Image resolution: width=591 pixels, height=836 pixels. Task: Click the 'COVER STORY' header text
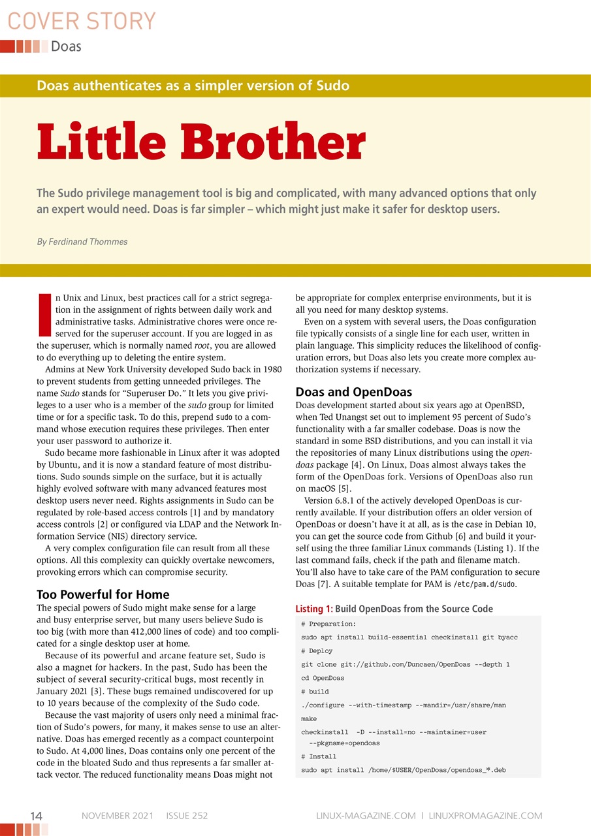[x=82, y=22]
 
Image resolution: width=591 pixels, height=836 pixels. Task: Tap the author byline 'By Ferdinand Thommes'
[x=82, y=242]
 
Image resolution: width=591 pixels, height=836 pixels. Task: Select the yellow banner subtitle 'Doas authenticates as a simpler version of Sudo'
[x=193, y=86]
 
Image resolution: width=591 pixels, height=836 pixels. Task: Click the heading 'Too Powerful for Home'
[x=103, y=594]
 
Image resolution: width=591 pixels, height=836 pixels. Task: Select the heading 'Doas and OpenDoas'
[x=354, y=393]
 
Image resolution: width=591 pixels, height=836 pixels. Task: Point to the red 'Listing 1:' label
[x=314, y=609]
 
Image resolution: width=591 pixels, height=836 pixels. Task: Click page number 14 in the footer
[x=37, y=816]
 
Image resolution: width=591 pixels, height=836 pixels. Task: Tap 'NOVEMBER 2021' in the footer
[x=118, y=816]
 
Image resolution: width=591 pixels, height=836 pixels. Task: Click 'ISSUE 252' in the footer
[x=187, y=816]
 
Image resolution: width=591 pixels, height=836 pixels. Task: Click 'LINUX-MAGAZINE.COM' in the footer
[x=366, y=816]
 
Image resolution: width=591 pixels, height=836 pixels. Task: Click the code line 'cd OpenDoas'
[x=323, y=678]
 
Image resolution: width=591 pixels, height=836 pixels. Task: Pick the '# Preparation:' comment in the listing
[x=328, y=624]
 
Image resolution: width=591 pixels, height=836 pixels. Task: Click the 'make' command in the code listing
[x=308, y=718]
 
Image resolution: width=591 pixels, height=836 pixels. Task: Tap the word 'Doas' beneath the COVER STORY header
[x=66, y=46]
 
